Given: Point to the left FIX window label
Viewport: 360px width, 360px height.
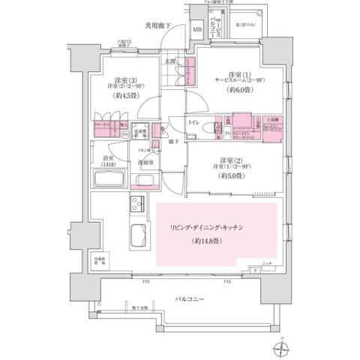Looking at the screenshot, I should (148, 283).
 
